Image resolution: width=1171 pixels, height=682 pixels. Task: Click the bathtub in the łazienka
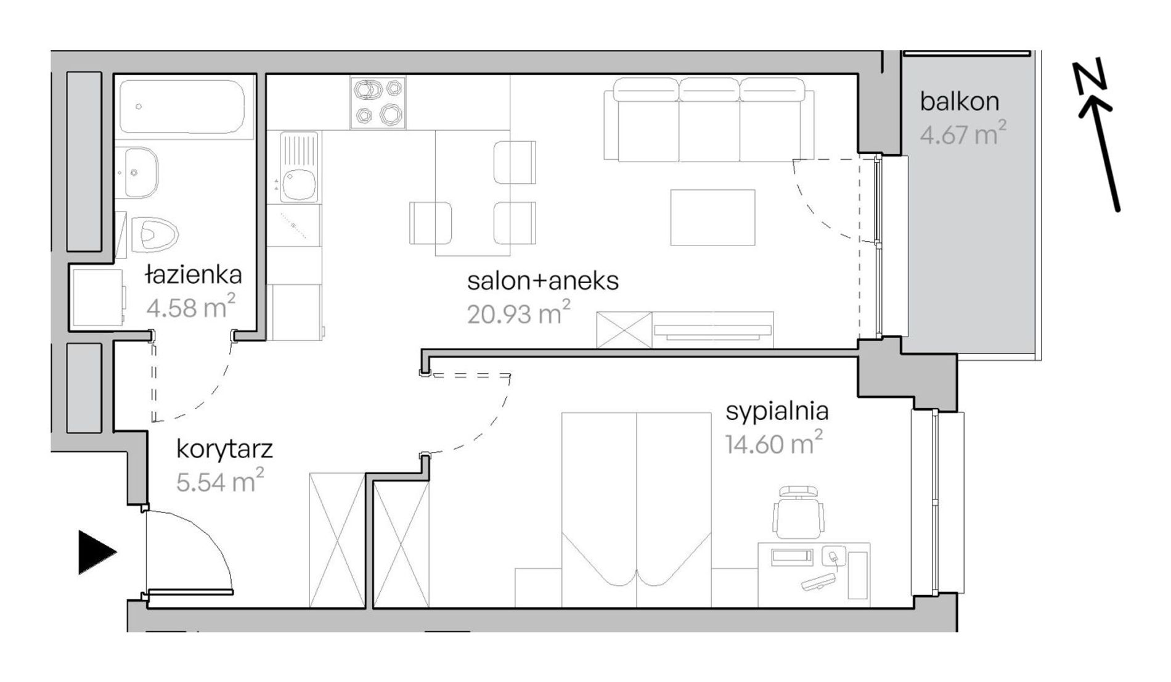186,106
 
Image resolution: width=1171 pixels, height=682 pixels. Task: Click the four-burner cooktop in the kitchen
378,102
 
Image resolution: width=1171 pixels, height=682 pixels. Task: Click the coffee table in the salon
712,217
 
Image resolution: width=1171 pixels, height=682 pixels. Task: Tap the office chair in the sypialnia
799,512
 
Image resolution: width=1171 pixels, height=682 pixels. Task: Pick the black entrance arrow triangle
97,552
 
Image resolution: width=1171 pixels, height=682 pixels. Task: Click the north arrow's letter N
1090,78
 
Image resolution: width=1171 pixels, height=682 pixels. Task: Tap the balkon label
960,102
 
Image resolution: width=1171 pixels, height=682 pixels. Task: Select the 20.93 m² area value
518,313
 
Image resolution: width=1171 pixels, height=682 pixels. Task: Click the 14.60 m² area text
773,443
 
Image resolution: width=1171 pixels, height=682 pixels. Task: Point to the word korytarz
224,450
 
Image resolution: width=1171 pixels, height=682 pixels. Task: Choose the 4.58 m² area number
190,306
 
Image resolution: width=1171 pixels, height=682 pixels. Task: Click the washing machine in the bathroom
97,297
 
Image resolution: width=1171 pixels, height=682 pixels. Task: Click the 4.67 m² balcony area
963,133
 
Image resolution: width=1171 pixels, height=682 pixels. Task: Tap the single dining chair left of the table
430,223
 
